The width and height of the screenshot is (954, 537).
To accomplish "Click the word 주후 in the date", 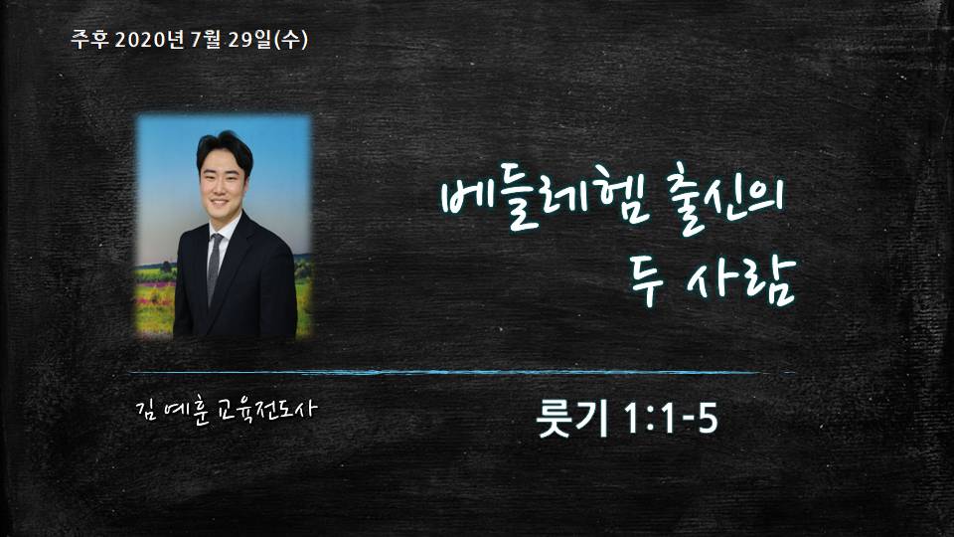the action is click(90, 40).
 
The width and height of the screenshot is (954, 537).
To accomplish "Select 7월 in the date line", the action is click(206, 40).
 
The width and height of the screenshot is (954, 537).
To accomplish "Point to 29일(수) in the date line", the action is click(267, 40).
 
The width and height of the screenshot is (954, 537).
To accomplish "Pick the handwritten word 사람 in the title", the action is click(740, 281).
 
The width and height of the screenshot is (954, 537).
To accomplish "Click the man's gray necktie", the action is click(215, 268).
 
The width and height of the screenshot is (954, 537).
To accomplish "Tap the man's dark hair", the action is click(224, 149).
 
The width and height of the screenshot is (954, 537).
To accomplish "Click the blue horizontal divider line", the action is click(462, 372).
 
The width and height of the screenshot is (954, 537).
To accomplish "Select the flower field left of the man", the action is click(155, 298).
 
